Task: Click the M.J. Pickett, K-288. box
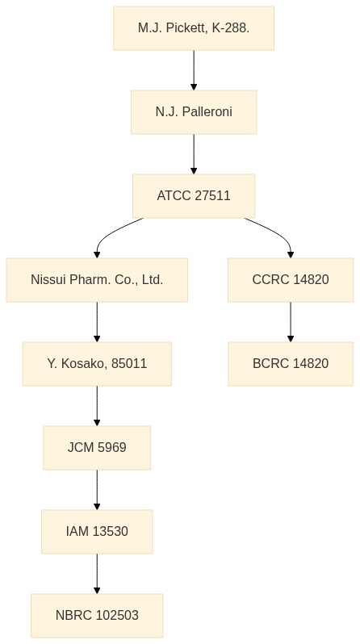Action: [x=194, y=28]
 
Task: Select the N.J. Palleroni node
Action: [x=194, y=111]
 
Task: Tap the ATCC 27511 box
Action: [x=194, y=195]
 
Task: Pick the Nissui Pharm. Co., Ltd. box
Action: [x=97, y=280]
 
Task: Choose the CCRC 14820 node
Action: [x=291, y=280]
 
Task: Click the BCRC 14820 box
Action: [x=291, y=363]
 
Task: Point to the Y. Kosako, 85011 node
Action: [x=97, y=363]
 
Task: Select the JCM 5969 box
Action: [x=97, y=448]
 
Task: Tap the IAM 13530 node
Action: [x=97, y=532]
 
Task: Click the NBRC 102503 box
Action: [x=97, y=615]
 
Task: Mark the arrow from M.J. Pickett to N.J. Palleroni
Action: [x=194, y=70]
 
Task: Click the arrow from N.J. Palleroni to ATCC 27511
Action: [x=194, y=154]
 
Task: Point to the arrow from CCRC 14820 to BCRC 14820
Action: [x=291, y=322]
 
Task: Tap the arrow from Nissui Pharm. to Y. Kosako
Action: [x=97, y=322]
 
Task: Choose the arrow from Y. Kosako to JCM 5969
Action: [x=97, y=406]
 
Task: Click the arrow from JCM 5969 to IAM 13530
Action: [x=97, y=490]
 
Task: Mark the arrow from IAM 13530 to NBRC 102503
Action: [x=97, y=574]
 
